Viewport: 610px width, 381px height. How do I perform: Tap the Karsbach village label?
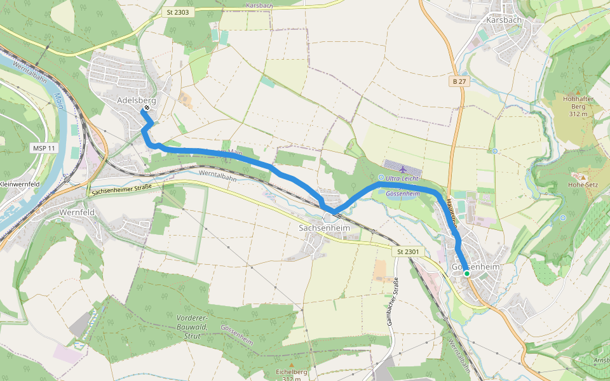click(503, 20)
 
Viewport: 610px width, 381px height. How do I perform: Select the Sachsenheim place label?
click(324, 227)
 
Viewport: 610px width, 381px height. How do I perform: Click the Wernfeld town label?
click(76, 212)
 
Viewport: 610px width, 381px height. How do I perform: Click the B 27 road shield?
click(459, 82)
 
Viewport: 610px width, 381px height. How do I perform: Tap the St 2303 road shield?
click(177, 12)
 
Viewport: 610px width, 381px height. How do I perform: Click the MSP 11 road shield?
click(44, 148)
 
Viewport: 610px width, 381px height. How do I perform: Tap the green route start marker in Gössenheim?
click(466, 273)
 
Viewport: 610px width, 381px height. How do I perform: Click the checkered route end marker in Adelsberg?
click(147, 108)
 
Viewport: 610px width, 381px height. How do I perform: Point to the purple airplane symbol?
click(403, 170)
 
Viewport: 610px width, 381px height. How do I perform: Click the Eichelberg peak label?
click(292, 372)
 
